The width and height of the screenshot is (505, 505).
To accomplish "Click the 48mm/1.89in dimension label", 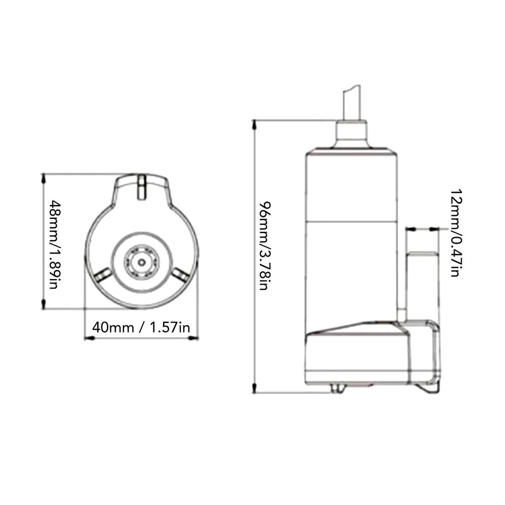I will (x=55, y=242).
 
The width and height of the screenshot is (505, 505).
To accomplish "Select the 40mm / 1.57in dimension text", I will (x=141, y=327).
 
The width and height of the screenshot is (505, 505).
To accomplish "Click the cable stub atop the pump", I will (x=352, y=102).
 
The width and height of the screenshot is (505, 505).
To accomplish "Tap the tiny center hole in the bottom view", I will (x=142, y=263).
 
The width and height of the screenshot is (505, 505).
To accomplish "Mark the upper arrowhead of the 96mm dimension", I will (x=254, y=124).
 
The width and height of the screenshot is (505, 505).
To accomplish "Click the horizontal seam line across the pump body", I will (x=352, y=220).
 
